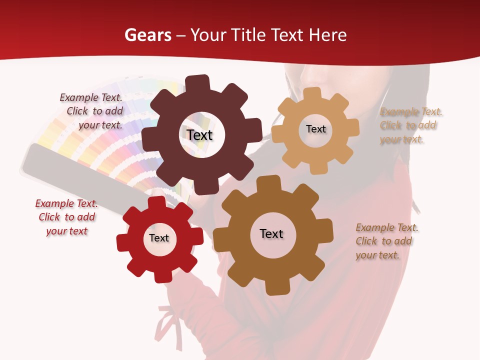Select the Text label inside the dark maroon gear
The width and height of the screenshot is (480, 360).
199,135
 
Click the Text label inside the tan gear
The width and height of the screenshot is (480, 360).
315,129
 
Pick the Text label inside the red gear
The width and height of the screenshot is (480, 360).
159,238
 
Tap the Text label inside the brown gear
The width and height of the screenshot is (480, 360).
271,233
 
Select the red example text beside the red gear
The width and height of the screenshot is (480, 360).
66,217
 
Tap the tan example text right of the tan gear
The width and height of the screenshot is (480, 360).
411,125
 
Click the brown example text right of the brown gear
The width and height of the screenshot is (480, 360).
386,241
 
